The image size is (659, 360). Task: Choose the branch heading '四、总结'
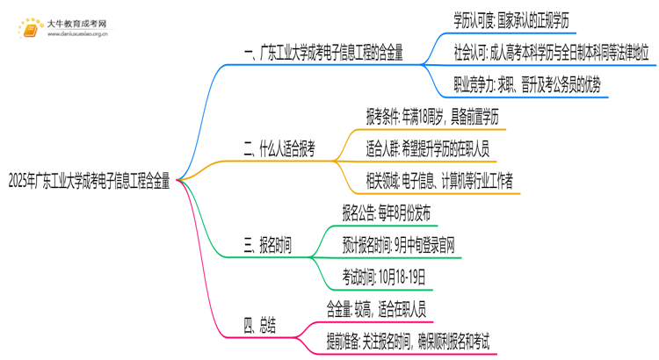pos(259,327)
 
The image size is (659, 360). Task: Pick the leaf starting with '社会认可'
pos(552,51)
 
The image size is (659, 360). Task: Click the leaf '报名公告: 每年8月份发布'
pos(387,212)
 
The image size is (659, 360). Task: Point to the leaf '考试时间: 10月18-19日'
pos(384,277)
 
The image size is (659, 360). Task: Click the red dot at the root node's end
pos(179,180)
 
